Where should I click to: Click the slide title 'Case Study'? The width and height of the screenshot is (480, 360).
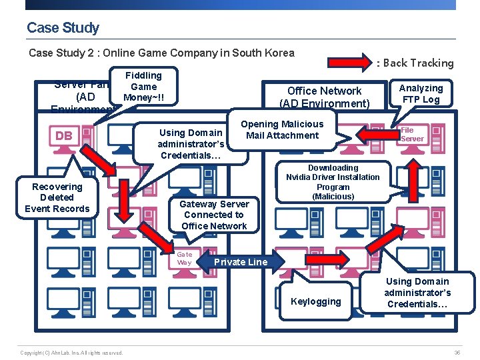pyautogui.click(x=63, y=28)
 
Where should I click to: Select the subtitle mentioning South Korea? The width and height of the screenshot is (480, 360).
pyautogui.click(x=161, y=53)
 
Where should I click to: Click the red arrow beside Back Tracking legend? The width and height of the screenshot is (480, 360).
pyautogui.click(x=350, y=63)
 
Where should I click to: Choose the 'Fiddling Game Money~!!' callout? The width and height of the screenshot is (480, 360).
pyautogui.click(x=143, y=87)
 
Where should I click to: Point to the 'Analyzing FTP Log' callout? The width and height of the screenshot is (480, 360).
pyautogui.click(x=421, y=93)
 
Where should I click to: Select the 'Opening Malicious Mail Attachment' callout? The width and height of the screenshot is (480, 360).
pyautogui.click(x=282, y=129)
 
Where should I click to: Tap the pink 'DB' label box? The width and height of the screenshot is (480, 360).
pyautogui.click(x=64, y=136)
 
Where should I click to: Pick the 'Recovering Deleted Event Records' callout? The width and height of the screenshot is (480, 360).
pyautogui.click(x=57, y=197)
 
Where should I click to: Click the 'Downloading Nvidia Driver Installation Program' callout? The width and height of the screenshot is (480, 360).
pyautogui.click(x=333, y=182)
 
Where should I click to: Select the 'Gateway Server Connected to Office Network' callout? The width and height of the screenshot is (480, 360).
pyautogui.click(x=215, y=215)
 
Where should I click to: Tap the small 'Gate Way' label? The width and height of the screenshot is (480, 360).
pyautogui.click(x=184, y=258)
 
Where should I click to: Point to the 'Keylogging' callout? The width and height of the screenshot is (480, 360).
pyautogui.click(x=315, y=301)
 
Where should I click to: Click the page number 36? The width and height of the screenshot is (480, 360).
pyautogui.click(x=457, y=352)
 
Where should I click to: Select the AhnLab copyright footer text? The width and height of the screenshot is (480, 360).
pyautogui.click(x=71, y=352)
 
